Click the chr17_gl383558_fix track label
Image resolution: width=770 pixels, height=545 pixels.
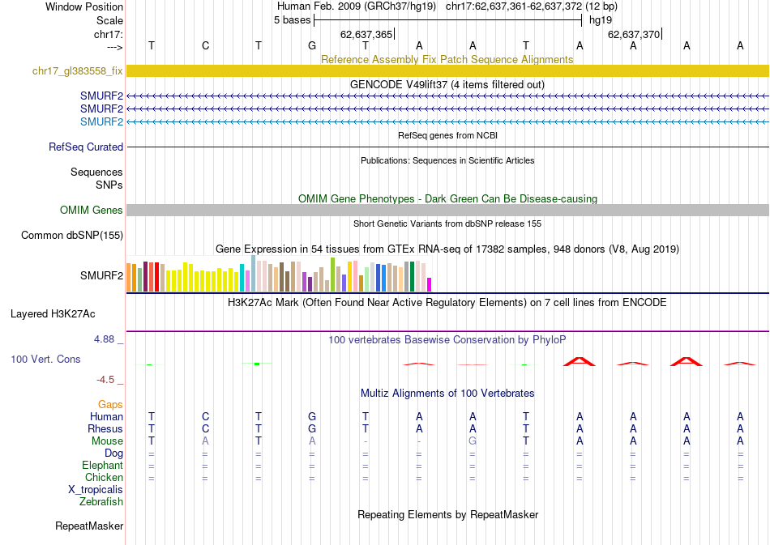pos(77,71)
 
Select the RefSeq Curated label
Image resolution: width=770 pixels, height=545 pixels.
pos(86,147)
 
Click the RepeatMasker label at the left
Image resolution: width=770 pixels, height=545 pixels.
pos(89,526)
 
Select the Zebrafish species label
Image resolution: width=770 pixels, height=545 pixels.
pos(101,502)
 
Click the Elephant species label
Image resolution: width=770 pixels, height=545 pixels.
pos(102,466)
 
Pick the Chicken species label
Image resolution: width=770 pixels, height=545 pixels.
pos(104,478)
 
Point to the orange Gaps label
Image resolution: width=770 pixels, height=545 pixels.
pos(110,404)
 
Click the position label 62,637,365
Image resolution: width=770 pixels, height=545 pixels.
pos(366,35)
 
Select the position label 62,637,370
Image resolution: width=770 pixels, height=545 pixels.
pos(634,35)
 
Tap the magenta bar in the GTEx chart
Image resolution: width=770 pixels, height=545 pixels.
pos(430,284)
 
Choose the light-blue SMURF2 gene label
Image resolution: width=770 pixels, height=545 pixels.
pos(101,122)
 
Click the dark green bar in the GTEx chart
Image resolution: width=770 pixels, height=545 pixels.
pos(413,277)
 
